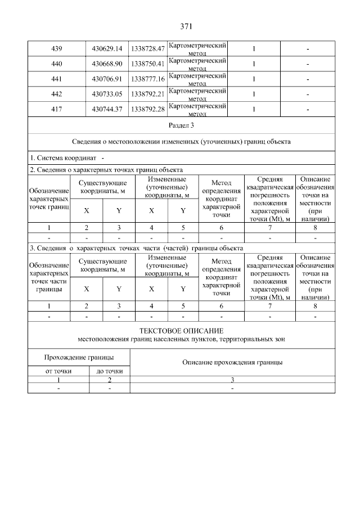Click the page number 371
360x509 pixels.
coord(186,26)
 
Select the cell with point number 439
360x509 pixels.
coord(56,49)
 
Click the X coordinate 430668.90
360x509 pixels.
coord(107,64)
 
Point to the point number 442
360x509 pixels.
coord(56,94)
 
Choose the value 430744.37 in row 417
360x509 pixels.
coord(107,109)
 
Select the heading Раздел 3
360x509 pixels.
coord(181,125)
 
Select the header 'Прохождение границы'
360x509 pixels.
coord(79,358)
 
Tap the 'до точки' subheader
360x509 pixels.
coord(110,371)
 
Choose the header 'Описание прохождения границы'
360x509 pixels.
coord(232,363)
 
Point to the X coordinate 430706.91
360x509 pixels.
coord(107,79)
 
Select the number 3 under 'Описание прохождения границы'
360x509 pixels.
coord(232,381)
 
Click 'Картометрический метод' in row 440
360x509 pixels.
coord(197,64)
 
